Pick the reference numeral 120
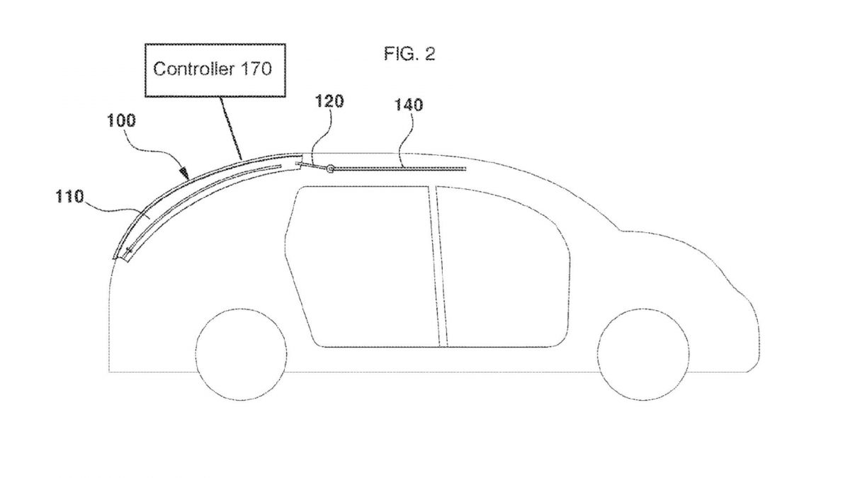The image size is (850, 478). click(331, 101)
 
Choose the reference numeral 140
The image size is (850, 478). click(409, 106)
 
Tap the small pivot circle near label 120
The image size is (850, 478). click(329, 168)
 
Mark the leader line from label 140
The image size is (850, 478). click(402, 142)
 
